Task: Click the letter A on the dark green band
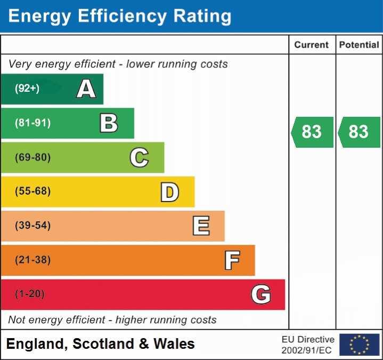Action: click(x=86, y=89)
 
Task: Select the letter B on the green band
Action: click(x=109, y=123)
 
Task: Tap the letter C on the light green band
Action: click(x=139, y=157)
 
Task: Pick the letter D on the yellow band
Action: click(x=169, y=192)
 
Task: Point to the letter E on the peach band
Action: click(x=201, y=226)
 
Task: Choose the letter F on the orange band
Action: click(x=232, y=260)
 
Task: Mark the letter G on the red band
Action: click(x=261, y=294)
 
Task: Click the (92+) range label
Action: click(x=27, y=89)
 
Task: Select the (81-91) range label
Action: click(x=33, y=123)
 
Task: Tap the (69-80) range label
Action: click(x=33, y=157)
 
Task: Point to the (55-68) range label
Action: click(x=33, y=191)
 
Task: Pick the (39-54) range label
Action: click(x=33, y=226)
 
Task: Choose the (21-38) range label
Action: click(x=33, y=260)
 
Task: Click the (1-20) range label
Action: click(x=30, y=294)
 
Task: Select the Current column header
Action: click(x=312, y=45)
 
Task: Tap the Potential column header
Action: click(x=359, y=45)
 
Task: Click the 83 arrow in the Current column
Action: click(x=312, y=132)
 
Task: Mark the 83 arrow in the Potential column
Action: click(x=359, y=132)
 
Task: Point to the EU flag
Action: click(x=359, y=345)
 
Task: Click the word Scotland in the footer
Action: click(x=103, y=344)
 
